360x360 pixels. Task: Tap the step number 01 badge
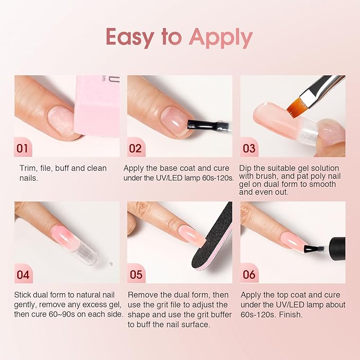22,148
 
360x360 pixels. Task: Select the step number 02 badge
135,148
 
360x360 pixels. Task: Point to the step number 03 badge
249,148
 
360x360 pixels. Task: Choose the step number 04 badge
23,275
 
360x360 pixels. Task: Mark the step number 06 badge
249,275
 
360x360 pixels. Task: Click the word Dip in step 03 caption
247,168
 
